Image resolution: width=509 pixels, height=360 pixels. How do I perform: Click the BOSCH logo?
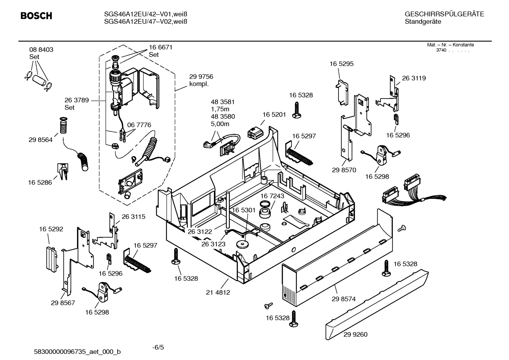(36, 16)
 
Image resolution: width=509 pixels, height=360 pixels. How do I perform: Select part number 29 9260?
(355, 334)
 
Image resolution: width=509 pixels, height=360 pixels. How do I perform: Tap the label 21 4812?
(218, 293)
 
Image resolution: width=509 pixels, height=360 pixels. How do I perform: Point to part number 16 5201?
(274, 115)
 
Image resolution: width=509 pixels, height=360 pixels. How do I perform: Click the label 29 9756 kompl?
(201, 80)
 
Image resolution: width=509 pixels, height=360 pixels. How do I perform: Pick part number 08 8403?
(41, 50)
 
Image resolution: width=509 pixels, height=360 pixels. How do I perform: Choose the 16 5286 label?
(40, 183)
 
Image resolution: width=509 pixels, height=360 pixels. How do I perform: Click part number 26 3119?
(414, 78)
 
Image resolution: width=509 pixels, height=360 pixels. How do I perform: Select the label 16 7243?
(272, 196)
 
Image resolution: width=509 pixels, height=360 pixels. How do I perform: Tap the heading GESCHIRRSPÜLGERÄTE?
(444, 14)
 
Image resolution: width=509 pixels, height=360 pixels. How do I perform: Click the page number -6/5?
(158, 347)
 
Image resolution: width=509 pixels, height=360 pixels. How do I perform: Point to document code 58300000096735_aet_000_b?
(77, 352)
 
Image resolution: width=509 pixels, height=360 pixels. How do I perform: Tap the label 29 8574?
(343, 299)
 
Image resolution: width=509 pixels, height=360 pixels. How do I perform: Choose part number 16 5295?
(341, 64)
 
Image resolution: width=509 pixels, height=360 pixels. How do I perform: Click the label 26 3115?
(133, 217)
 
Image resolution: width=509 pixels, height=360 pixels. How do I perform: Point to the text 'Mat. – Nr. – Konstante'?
(450, 45)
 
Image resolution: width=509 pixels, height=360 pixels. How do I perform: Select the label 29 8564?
(41, 140)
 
